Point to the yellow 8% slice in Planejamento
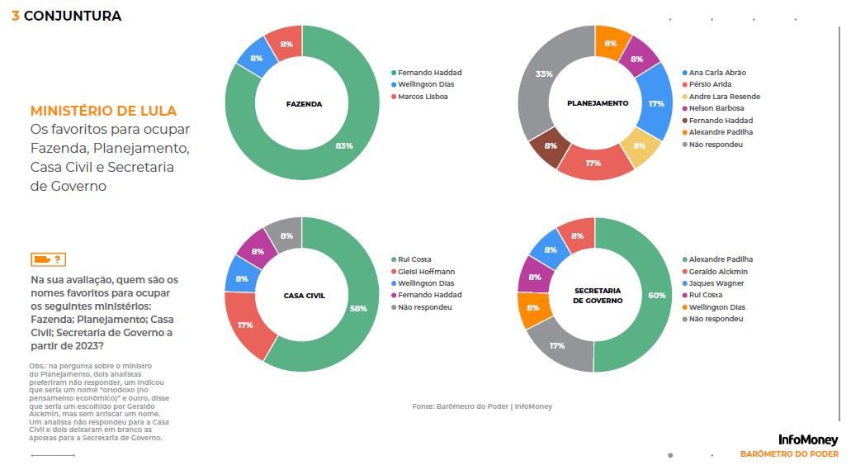(640, 146)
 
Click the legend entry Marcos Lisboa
(423, 97)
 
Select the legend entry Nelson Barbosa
(716, 108)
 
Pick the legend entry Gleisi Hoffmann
(426, 272)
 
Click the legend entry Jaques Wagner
(717, 283)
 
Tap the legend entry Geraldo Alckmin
(717, 272)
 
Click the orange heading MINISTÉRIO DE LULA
(103, 111)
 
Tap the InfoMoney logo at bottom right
(807, 440)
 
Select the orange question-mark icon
(47, 259)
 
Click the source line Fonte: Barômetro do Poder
(482, 406)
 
